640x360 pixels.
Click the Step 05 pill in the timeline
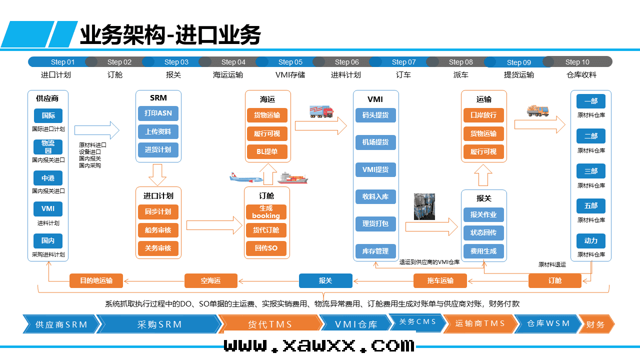[290, 62]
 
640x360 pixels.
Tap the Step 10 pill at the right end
[577, 62]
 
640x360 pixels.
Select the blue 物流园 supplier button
[48, 147]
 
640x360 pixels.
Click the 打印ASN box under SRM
[158, 113]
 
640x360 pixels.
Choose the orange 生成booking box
[266, 212]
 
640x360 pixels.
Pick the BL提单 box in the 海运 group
[267, 151]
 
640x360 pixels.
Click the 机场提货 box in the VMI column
[375, 142]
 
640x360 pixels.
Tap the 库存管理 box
[375, 251]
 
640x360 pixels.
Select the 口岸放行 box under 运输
[483, 115]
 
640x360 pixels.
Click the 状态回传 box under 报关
[483, 233]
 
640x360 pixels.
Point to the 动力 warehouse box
[591, 241]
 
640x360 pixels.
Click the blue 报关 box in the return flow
[325, 281]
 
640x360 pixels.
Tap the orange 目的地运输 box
[96, 281]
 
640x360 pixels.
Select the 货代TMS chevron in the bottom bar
[269, 324]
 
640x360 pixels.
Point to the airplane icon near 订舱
[246, 178]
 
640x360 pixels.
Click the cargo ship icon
[293, 178]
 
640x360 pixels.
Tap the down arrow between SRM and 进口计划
[157, 174]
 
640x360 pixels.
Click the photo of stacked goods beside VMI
[424, 206]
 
